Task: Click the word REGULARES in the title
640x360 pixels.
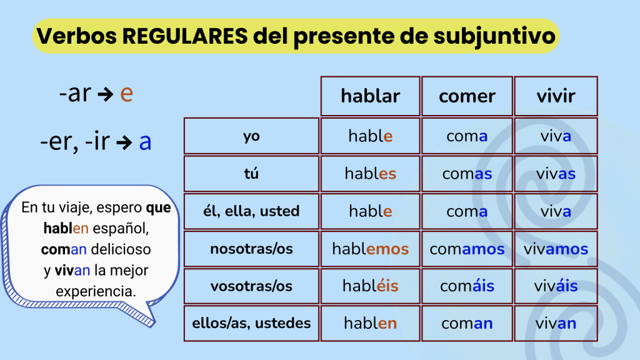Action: click(x=185, y=36)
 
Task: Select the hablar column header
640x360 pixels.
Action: click(x=370, y=96)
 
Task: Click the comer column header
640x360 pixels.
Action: click(x=467, y=96)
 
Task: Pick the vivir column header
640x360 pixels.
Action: click(x=556, y=96)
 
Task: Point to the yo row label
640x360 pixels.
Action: click(x=251, y=136)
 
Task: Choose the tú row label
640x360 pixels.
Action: click(x=251, y=174)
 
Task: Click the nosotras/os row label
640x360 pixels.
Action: click(x=251, y=249)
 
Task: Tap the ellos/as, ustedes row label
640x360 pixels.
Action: click(x=251, y=323)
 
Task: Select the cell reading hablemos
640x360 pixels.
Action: click(x=370, y=249)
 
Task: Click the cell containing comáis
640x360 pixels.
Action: click(x=467, y=286)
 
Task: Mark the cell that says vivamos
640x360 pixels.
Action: click(x=556, y=249)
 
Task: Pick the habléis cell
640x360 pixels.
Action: click(x=370, y=286)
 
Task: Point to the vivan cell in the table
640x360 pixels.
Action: click(x=556, y=323)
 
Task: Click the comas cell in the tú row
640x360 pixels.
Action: click(x=467, y=174)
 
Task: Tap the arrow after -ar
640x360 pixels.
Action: click(x=106, y=95)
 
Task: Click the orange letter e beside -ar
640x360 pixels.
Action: click(x=126, y=94)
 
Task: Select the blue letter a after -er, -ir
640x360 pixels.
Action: click(x=145, y=142)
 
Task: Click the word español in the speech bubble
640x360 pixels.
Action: click(x=121, y=229)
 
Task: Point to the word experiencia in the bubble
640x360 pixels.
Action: click(x=96, y=291)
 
